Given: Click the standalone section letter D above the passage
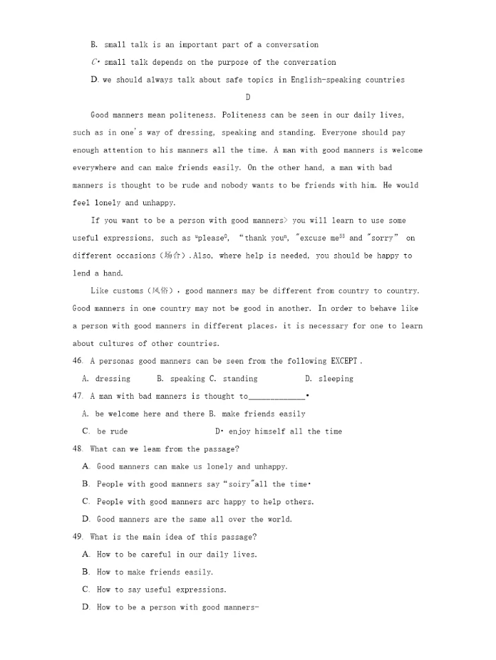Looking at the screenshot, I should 248,97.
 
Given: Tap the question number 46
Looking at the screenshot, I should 77,361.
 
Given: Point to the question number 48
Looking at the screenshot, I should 77,449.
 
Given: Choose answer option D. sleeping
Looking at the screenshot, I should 329,379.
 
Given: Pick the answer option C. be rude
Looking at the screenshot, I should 105,431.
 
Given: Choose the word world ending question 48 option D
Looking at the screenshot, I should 278,519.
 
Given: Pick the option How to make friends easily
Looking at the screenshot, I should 154,572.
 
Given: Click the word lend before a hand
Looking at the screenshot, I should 81,274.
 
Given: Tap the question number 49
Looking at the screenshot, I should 77,537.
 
